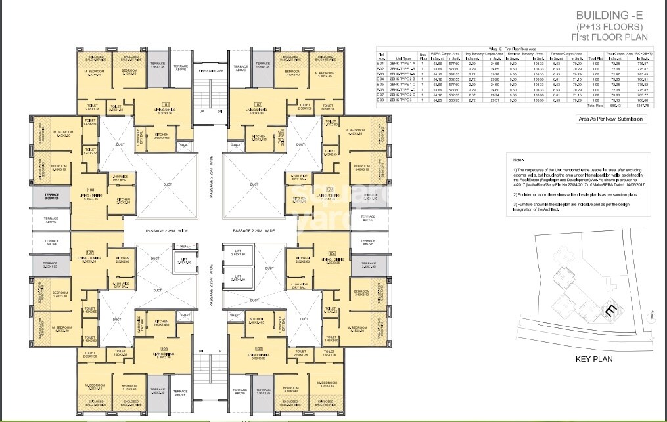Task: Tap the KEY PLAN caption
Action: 593,359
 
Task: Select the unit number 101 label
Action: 166,104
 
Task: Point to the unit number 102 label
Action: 258,104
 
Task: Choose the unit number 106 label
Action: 164,348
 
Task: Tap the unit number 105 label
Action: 258,348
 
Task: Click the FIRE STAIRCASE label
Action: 211,70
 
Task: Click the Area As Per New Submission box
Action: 610,119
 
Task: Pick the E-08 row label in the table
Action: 380,100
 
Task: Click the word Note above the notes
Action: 518,160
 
